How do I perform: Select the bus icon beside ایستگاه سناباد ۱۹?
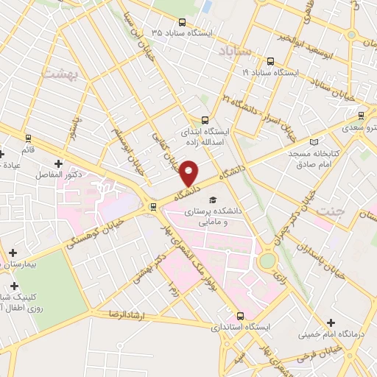pyautogui.click(x=269, y=62)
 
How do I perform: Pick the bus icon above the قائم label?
pyautogui.click(x=29, y=138)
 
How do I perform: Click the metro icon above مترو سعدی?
pyautogui.click(x=361, y=116)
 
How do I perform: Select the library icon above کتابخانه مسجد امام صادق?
pyautogui.click(x=314, y=141)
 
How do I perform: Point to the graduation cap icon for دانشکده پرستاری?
pyautogui.click(x=213, y=200)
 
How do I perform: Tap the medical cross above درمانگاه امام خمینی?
pyautogui.click(x=331, y=323)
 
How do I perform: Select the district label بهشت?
pyautogui.click(x=58, y=74)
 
